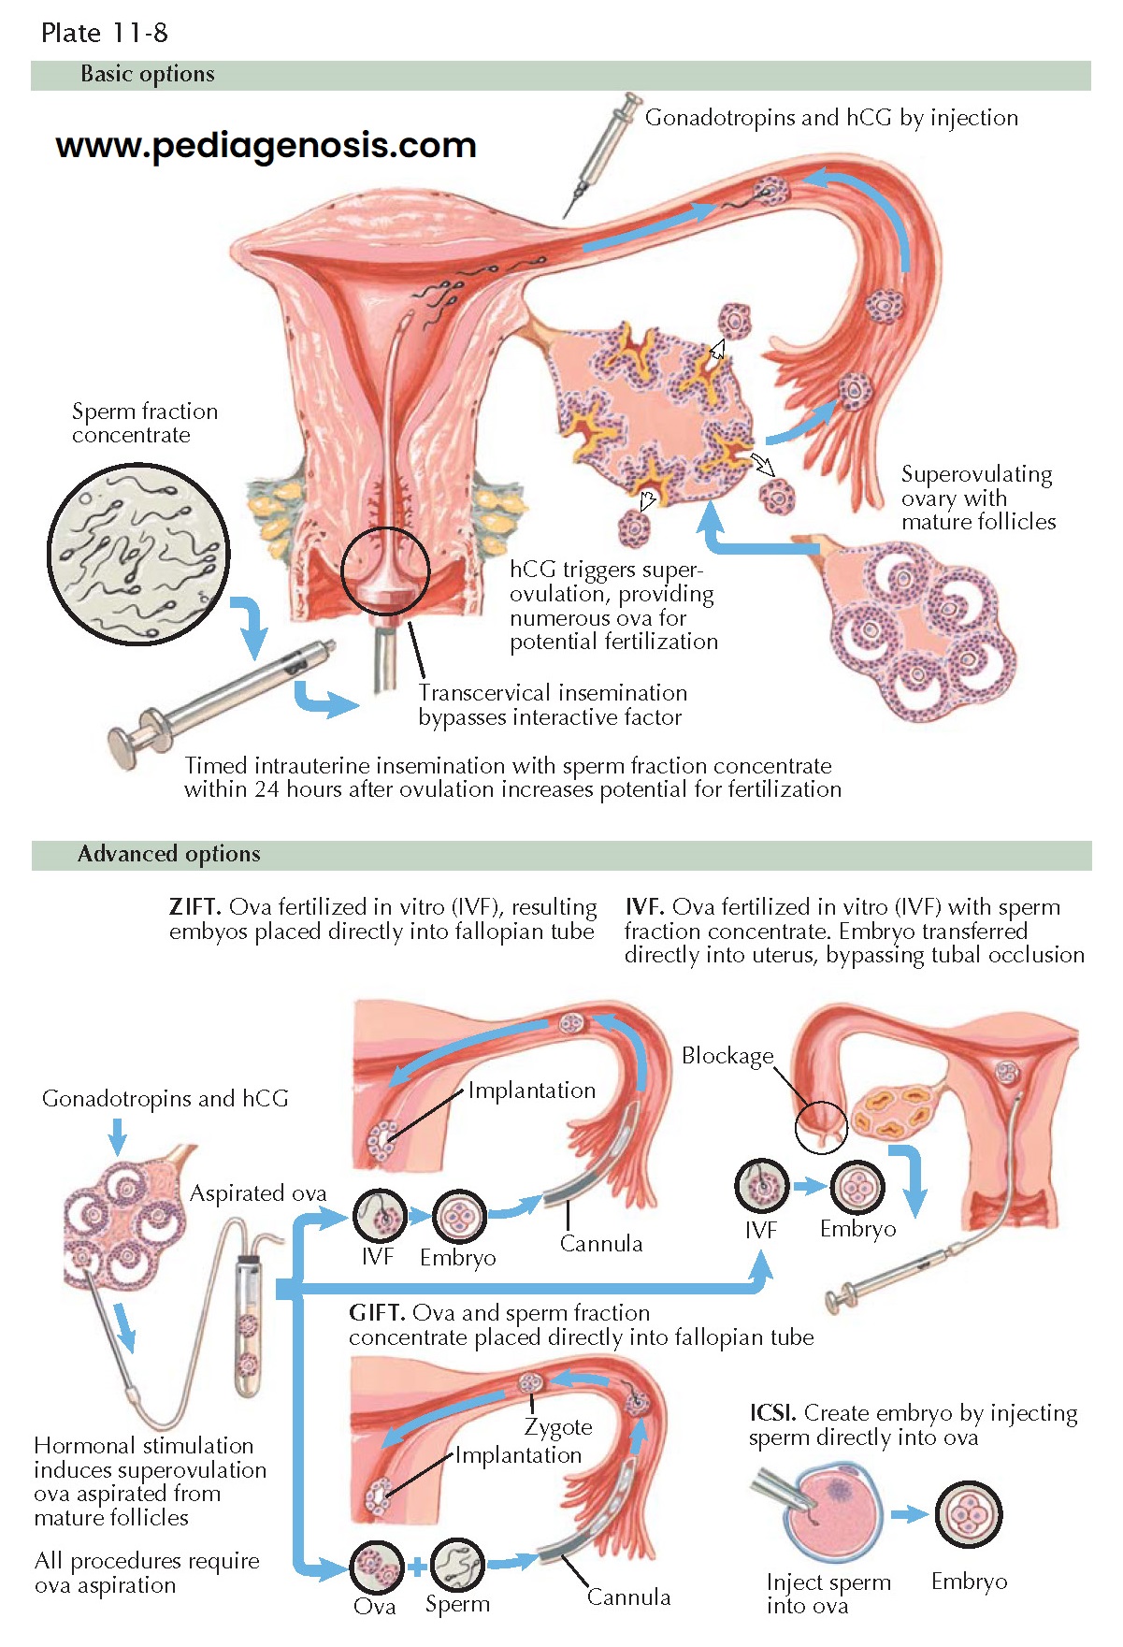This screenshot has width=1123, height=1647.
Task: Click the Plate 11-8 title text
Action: [104, 33]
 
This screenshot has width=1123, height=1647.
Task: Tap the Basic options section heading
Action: [147, 74]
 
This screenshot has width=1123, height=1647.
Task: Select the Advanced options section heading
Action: [168, 854]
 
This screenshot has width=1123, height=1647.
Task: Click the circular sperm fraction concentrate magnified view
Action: [138, 554]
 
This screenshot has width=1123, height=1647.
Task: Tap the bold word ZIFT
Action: [194, 907]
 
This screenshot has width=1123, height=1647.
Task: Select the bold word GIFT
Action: [376, 1313]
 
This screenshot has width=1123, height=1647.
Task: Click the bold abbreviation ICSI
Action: [772, 1412]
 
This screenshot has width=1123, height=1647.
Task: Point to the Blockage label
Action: [727, 1056]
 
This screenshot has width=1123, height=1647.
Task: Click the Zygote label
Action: [558, 1427]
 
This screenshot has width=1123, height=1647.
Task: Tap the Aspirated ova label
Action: [258, 1193]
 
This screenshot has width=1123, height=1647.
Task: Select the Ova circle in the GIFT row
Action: [377, 1567]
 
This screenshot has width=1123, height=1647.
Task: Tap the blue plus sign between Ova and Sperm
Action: [417, 1568]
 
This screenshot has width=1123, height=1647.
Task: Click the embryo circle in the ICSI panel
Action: [969, 1514]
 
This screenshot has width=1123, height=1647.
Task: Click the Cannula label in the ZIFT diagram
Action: [601, 1244]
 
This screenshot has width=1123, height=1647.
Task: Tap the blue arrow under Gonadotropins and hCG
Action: [117, 1137]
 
